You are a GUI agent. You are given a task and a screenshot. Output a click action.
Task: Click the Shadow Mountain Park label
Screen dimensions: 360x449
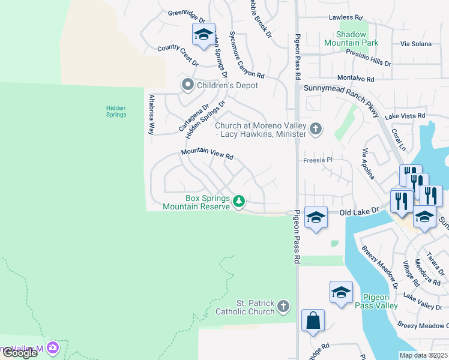click(x=351, y=38)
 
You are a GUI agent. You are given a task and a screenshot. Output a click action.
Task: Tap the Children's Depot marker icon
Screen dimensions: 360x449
click(x=188, y=85)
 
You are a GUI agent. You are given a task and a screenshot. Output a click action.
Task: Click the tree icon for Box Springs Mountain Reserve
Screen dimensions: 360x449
click(x=239, y=200)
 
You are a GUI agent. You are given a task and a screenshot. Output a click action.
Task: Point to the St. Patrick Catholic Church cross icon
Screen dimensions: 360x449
click(x=284, y=307)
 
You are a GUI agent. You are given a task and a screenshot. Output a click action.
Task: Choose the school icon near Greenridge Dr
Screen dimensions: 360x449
click(x=203, y=35)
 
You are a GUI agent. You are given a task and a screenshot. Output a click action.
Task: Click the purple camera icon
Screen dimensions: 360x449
click(x=53, y=347)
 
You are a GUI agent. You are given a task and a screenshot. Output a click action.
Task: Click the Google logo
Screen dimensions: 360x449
click(x=20, y=353)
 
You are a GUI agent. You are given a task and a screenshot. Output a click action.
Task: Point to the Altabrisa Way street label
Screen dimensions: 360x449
click(x=152, y=113)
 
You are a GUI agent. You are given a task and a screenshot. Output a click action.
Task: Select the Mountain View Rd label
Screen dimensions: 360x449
click(x=207, y=155)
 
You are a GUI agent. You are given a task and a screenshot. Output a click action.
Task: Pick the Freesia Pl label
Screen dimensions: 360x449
click(x=318, y=160)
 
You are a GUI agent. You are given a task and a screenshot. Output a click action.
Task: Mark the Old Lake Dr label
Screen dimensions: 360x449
click(x=360, y=212)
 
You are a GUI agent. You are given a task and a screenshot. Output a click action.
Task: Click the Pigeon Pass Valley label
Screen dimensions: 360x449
click(x=376, y=301)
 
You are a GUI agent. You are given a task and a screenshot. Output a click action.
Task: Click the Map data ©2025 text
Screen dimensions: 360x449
click(x=423, y=355)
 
